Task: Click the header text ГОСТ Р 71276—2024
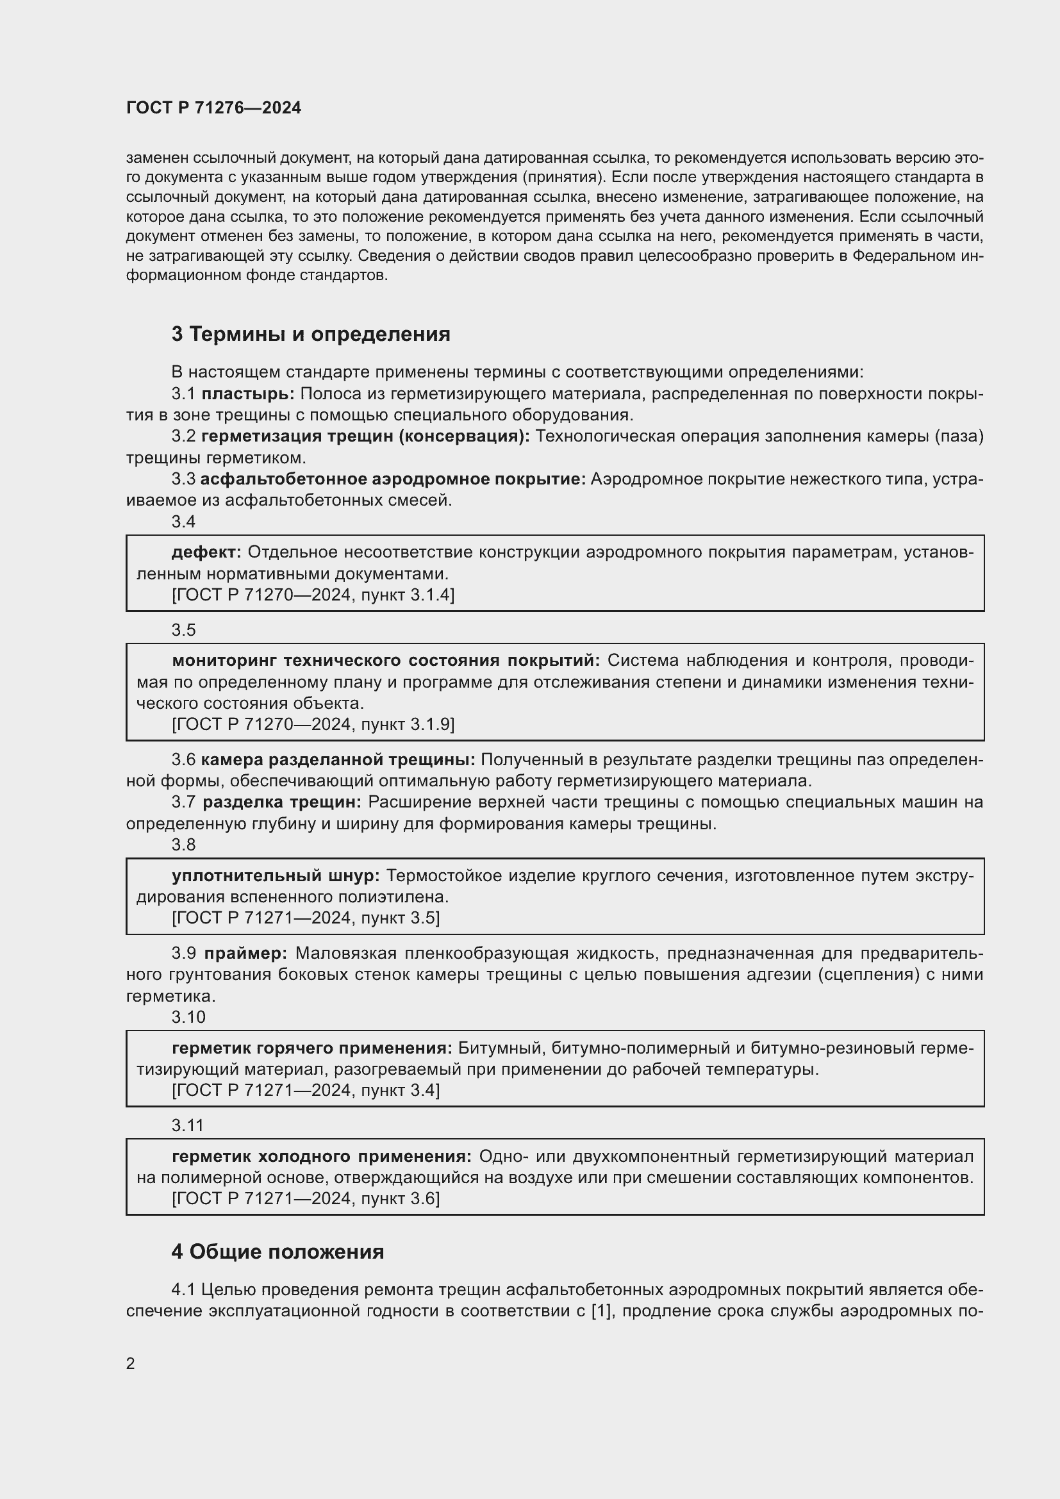pos(213,108)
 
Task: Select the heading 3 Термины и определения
pos(311,335)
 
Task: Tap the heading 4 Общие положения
pos(277,1252)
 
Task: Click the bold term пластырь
pos(247,393)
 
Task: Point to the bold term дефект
pos(206,552)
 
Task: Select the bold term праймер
pos(245,953)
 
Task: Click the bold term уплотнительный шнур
pos(276,875)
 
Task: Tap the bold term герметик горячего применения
pos(311,1048)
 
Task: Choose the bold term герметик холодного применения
pos(320,1156)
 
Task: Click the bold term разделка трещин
pos(281,802)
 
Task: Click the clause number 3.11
pos(188,1125)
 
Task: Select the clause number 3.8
pos(183,845)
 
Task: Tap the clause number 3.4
pos(183,522)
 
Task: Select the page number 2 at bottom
pos(131,1363)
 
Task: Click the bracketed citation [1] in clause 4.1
pos(600,1311)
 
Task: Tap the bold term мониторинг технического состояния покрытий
pos(385,661)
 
